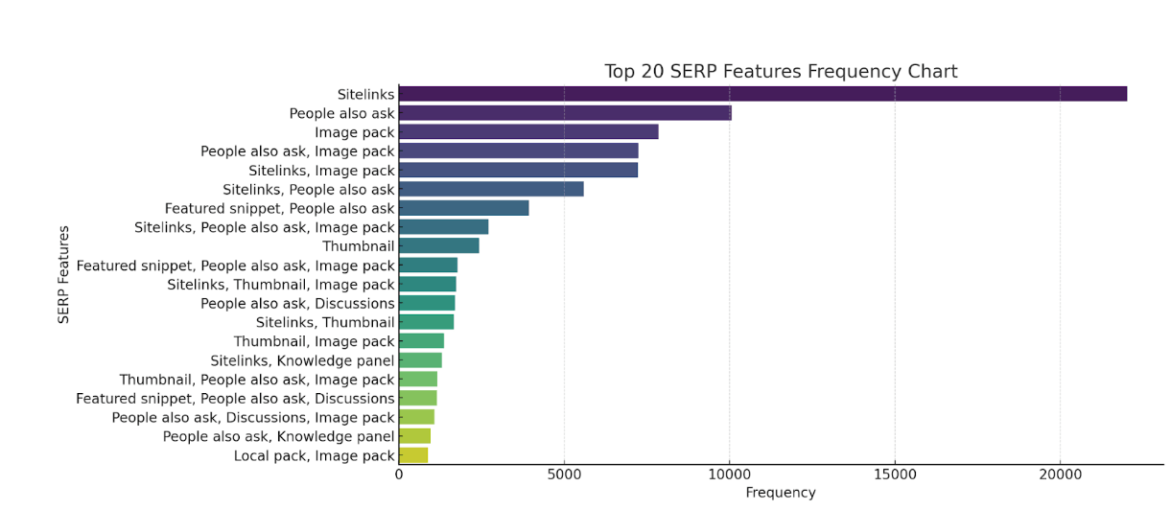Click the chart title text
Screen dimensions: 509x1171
(x=780, y=72)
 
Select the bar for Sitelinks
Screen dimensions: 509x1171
(x=762, y=94)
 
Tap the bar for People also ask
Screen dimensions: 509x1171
(x=565, y=113)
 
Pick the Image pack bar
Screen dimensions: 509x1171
(x=528, y=132)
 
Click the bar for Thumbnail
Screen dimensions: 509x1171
(x=438, y=246)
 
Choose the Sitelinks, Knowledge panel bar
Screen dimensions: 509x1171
(x=420, y=360)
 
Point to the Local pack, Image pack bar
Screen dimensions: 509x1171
(x=413, y=455)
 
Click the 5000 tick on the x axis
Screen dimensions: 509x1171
(x=564, y=474)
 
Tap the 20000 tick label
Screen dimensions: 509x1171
(x=1060, y=474)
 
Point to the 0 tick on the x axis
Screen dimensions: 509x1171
(x=399, y=474)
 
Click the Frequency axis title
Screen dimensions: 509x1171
(x=780, y=493)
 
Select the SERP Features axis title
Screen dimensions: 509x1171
(x=64, y=275)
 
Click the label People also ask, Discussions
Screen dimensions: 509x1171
(x=297, y=304)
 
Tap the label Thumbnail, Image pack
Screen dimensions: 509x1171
(x=314, y=341)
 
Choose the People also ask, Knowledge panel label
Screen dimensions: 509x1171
(x=278, y=436)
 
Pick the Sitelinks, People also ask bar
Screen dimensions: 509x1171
(x=491, y=189)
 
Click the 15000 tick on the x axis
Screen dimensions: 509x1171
(x=895, y=474)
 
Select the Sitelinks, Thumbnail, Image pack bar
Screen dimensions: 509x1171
(x=427, y=285)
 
